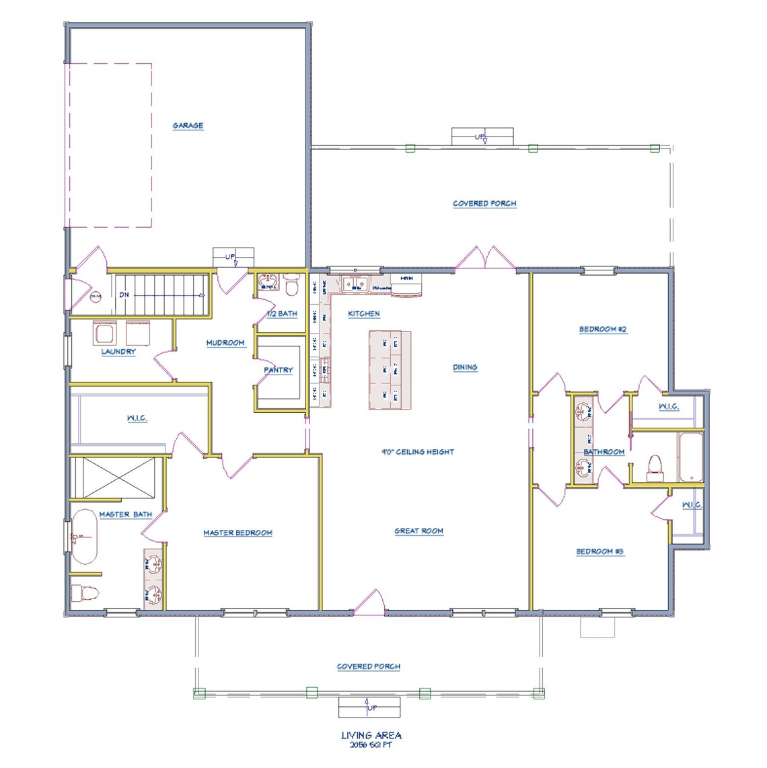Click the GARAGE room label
188,126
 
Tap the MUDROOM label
225,343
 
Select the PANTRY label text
278,370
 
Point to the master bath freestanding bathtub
84,537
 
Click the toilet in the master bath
85,593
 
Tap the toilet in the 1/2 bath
291,285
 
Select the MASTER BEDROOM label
238,533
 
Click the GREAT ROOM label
418,531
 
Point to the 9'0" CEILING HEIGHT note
418,452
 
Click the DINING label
465,367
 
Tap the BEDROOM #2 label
603,330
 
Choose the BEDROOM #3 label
600,551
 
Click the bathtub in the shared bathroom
690,457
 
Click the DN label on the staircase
124,295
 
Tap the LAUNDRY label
118,352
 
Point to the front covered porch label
368,666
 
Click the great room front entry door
369,603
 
